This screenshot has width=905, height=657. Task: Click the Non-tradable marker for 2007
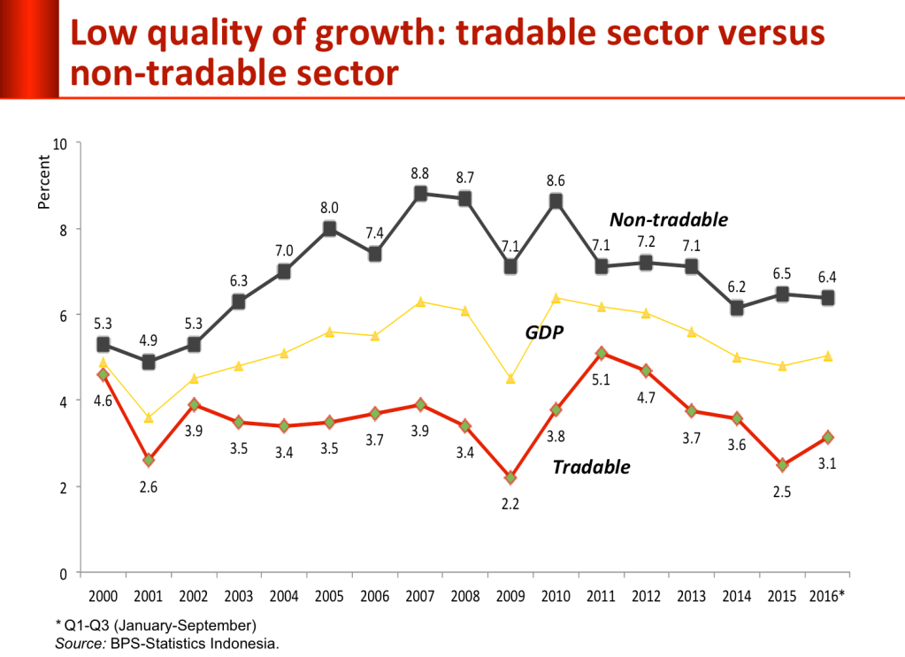coord(420,194)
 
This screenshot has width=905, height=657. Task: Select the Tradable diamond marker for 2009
coord(510,477)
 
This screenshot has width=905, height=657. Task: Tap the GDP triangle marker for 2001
coord(149,417)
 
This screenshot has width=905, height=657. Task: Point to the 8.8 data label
coord(420,172)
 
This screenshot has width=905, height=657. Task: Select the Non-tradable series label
coord(668,220)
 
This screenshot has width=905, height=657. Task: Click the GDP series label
coord(545,332)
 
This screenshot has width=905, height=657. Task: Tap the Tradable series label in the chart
coord(591,467)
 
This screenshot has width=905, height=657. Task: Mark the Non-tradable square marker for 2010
coord(556,201)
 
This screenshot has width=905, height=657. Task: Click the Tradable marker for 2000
coord(104,375)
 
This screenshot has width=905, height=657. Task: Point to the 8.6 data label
coord(556,179)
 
